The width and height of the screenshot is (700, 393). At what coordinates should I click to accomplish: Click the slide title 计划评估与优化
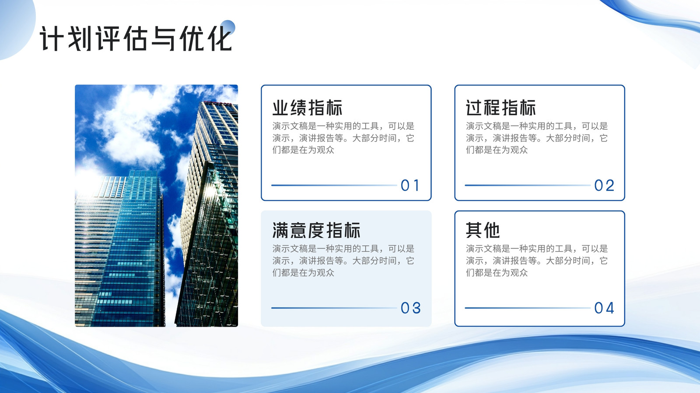(136, 38)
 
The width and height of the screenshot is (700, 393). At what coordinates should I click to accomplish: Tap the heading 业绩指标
(308, 108)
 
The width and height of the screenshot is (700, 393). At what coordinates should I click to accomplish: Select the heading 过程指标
(501, 108)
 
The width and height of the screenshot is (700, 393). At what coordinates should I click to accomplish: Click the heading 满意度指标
(316, 231)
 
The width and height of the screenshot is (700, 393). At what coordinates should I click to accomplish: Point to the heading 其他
(483, 231)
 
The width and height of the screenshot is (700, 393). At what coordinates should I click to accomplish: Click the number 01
(410, 186)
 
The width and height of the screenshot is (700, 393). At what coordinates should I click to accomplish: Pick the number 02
(604, 186)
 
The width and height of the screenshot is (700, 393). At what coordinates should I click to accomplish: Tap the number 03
(411, 308)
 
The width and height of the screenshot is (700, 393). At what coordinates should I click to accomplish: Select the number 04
(604, 308)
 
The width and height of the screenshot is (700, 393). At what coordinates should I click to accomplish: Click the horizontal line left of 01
(334, 185)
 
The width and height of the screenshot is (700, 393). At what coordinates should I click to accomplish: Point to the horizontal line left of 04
(528, 308)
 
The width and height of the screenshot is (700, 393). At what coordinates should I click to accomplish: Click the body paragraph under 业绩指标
(343, 138)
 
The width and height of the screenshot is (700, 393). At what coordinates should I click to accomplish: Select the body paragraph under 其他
(536, 260)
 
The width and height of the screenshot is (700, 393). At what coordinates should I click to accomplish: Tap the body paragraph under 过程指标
(536, 138)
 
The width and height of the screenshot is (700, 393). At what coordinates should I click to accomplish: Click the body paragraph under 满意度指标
(343, 260)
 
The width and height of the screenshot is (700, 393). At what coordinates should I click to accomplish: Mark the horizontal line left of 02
(528, 185)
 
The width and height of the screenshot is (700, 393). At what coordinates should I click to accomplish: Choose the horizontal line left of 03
(334, 308)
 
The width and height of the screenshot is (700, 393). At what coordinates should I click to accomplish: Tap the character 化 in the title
(220, 38)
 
